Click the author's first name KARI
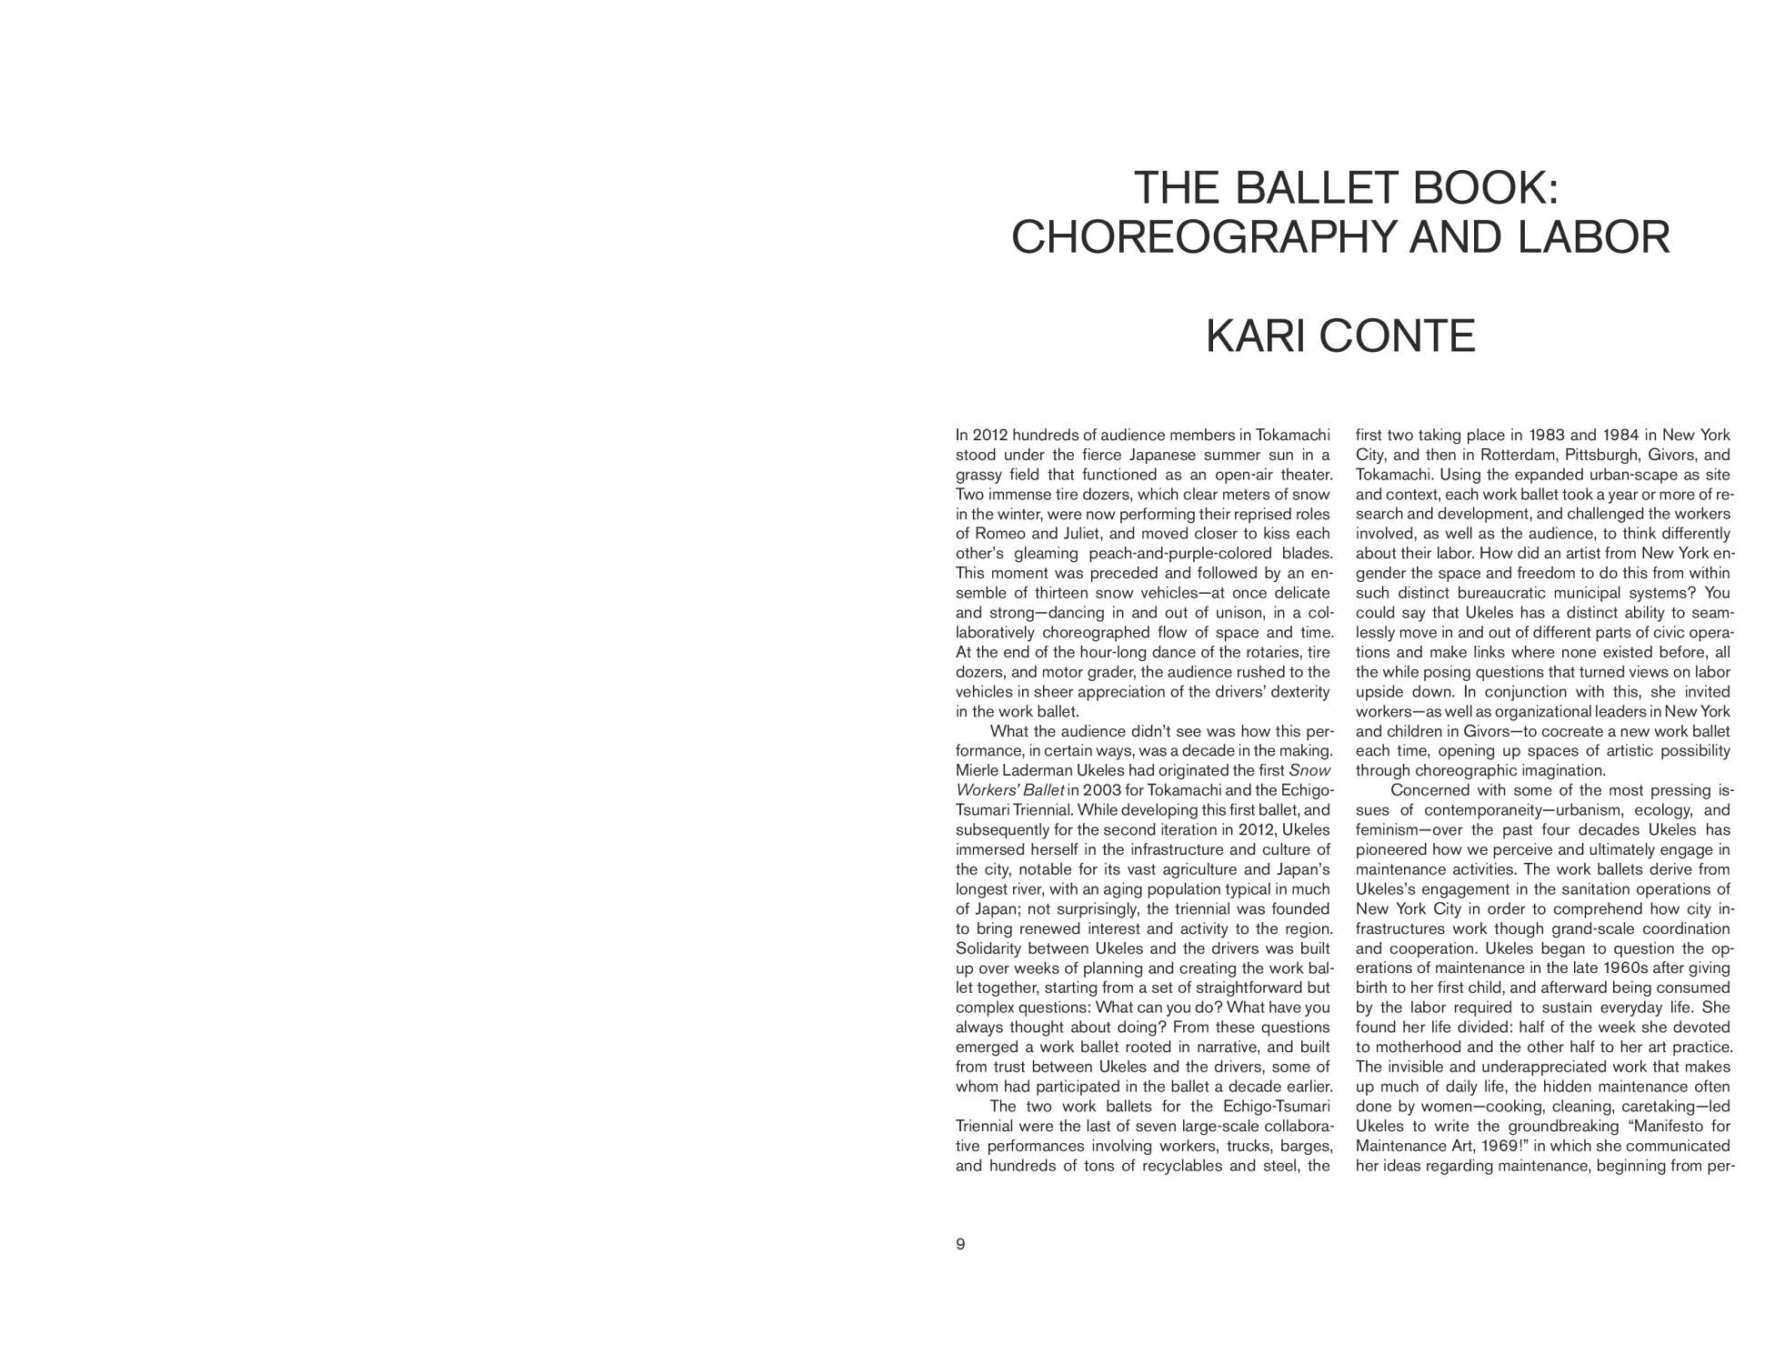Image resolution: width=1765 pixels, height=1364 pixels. (x=1256, y=336)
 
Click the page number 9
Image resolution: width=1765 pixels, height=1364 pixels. (x=960, y=1244)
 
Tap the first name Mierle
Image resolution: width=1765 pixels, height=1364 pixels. (x=978, y=770)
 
